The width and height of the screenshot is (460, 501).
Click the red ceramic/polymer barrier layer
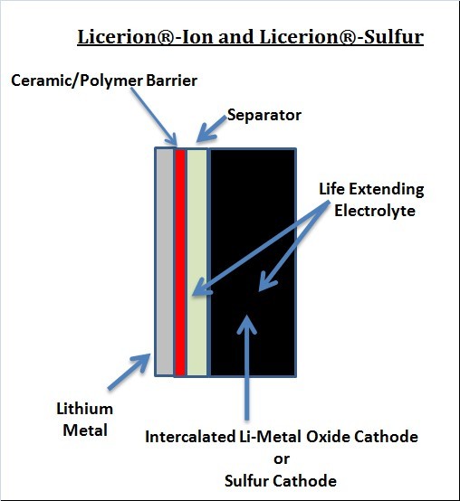(x=180, y=262)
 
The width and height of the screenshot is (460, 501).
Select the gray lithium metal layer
(x=165, y=261)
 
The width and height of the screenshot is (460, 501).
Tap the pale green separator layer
(x=197, y=262)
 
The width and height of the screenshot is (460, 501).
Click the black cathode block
(x=253, y=262)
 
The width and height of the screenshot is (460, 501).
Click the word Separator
(x=264, y=116)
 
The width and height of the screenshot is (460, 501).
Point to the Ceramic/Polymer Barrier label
(x=104, y=80)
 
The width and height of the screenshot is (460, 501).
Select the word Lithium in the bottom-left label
(x=85, y=409)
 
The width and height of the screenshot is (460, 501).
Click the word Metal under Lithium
(x=85, y=430)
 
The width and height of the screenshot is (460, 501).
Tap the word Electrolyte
(x=375, y=211)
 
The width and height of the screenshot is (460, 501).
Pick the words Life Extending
(x=371, y=189)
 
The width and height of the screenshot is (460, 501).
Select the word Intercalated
(x=190, y=437)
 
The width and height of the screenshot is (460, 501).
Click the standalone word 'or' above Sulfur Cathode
(x=282, y=459)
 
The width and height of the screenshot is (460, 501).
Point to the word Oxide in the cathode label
(x=328, y=437)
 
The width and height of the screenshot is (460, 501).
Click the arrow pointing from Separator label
(x=211, y=129)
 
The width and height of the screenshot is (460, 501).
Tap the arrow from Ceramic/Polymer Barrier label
(x=154, y=117)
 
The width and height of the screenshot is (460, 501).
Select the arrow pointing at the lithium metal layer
(x=129, y=372)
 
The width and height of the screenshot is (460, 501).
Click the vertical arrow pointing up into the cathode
(x=246, y=367)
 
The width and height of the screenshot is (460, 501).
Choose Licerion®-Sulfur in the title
(x=341, y=36)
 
